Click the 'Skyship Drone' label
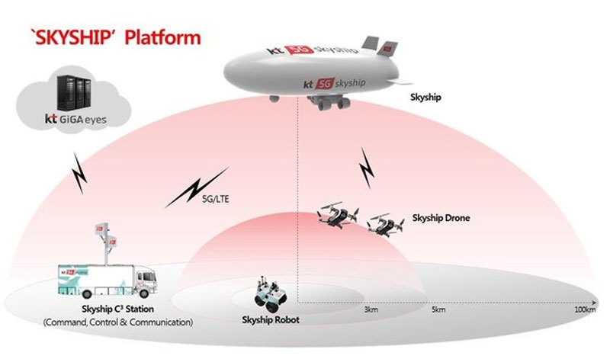(x=441, y=218)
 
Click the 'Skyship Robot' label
(x=269, y=319)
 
